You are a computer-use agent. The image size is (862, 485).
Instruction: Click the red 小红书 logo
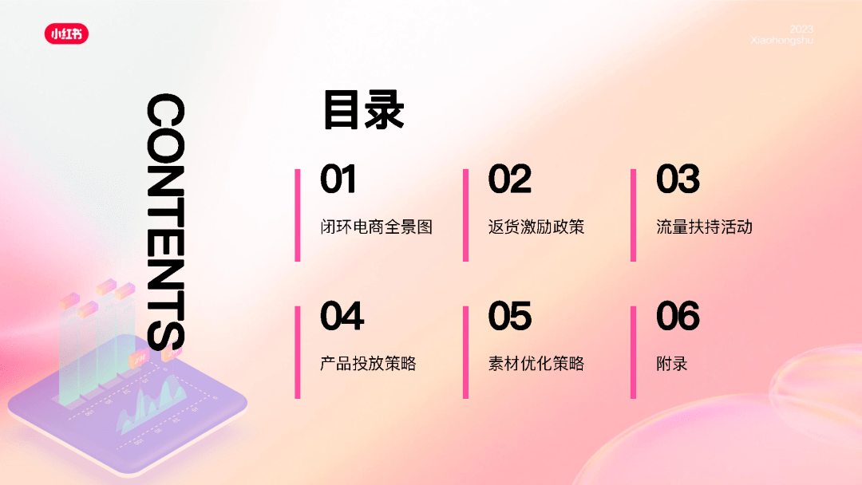point(66,34)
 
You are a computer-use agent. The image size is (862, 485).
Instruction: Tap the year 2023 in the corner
point(801,29)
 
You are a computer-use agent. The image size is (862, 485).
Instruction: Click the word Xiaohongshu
point(781,40)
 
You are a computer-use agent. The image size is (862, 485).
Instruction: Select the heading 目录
point(364,110)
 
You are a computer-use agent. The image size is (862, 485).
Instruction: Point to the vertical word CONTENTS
point(165,222)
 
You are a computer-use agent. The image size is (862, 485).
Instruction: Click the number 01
point(338,179)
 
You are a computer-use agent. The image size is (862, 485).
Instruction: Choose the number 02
point(509,179)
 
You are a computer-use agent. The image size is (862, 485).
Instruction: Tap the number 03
point(678,179)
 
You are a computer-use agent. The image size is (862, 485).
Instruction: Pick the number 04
point(342,316)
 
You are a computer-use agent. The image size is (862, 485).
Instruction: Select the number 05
point(509,316)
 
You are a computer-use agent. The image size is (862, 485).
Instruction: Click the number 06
point(678,316)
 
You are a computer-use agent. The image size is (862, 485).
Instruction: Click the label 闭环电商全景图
point(377,227)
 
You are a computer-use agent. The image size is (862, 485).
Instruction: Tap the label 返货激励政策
point(536,227)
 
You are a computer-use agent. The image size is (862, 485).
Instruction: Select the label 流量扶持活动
point(704,227)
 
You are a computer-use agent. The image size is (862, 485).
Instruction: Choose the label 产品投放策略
point(368,364)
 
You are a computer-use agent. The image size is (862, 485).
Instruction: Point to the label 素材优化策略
point(536,364)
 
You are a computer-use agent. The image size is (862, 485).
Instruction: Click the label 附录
point(672,364)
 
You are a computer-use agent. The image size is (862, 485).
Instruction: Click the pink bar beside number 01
point(298,215)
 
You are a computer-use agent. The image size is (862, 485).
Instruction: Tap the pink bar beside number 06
point(633,352)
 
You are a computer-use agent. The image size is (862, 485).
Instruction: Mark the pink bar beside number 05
point(465,352)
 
